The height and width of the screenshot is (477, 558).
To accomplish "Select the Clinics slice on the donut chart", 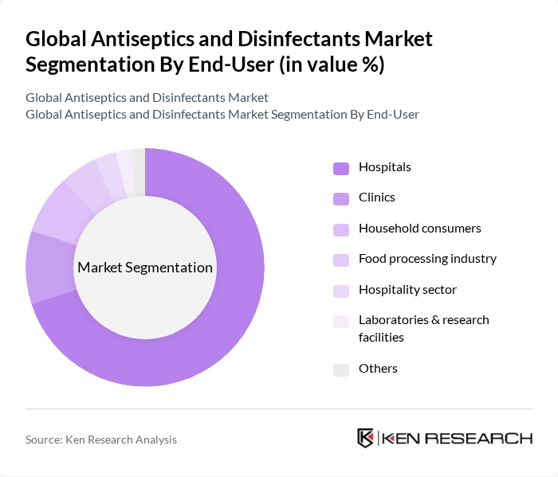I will tap(45, 268).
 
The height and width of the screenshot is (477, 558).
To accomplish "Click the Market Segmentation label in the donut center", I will tap(145, 268).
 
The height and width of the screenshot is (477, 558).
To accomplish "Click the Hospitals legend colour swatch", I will tap(341, 168).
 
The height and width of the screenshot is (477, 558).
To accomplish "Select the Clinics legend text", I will tap(376, 197).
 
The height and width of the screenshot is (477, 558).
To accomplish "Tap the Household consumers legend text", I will tap(419, 229).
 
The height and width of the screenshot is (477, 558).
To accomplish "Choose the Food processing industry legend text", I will tap(427, 259).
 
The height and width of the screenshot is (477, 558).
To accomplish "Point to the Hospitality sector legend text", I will tap(407, 289).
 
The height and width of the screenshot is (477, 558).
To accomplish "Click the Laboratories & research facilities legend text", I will tap(423, 328).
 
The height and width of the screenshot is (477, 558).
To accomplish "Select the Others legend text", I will tap(378, 368).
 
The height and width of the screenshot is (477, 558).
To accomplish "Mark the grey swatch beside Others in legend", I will tap(341, 369).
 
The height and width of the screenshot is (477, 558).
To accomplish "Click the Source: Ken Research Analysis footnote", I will tap(101, 440).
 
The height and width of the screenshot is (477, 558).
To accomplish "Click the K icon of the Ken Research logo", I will tap(365, 438).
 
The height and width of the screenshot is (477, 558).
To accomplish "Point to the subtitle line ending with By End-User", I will tap(222, 114).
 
